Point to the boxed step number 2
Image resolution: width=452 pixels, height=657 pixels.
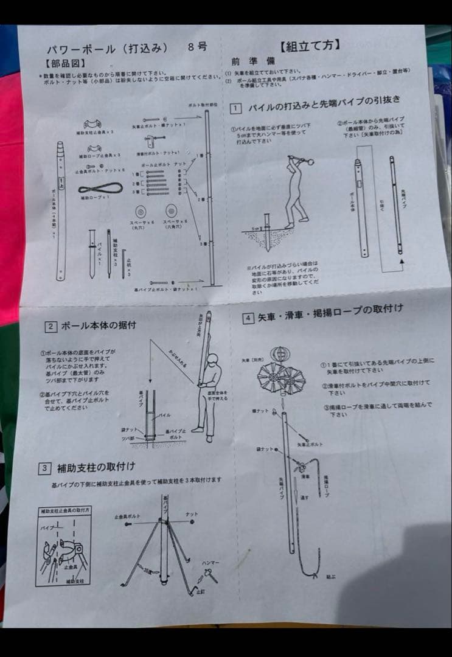pos(50,326)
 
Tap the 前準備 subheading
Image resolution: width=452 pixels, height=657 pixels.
pos(246,61)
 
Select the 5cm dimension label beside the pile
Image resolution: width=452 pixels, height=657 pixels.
pos(257,230)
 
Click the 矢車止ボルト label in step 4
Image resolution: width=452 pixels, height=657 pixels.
pos(310,445)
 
